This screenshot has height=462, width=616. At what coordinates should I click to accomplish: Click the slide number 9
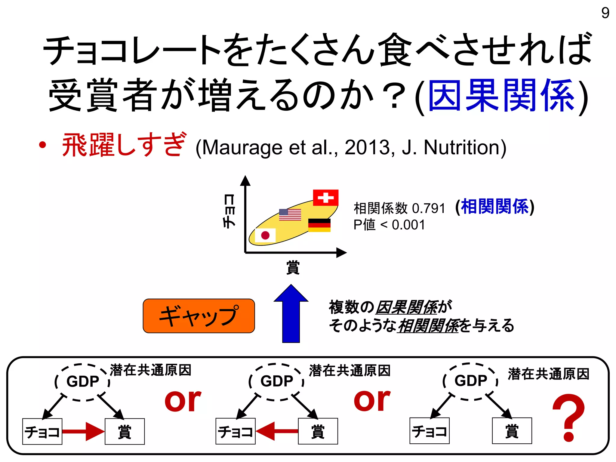tap(605, 13)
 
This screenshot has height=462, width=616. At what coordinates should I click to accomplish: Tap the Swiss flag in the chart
tap(325, 198)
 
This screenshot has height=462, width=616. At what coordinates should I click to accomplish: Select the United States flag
tap(290, 214)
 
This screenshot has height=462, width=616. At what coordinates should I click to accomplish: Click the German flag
tap(319, 225)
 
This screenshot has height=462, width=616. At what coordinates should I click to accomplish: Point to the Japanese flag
tap(265, 235)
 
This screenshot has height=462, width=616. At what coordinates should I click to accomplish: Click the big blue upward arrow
tap(291, 314)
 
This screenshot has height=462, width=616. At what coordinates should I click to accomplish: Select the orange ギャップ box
tap(199, 316)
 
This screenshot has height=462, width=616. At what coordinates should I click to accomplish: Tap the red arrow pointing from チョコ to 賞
tap(83, 431)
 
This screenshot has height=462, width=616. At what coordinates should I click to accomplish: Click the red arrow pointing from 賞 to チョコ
tap(277, 431)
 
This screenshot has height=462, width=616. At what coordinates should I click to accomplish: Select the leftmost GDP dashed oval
tap(82, 382)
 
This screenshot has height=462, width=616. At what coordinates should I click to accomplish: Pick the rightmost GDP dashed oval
tap(470, 381)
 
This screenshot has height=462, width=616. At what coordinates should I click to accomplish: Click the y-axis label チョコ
tap(229, 211)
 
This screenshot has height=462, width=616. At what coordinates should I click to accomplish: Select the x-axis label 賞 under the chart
tap(293, 267)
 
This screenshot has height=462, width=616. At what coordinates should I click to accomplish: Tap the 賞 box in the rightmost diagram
tap(512, 431)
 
